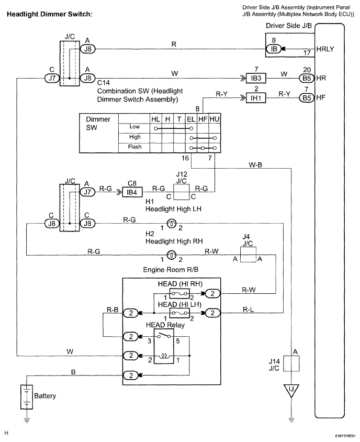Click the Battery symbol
pyautogui.click(x=27, y=397)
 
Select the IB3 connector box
pyautogui.click(x=256, y=78)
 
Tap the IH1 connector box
pyautogui.click(x=256, y=98)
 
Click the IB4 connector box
pyautogui.click(x=132, y=192)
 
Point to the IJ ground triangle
pyautogui.click(x=291, y=390)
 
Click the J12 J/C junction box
pyautogui.click(x=181, y=192)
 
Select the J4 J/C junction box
pyautogui.click(x=248, y=255)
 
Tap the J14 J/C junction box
pyautogui.click(x=291, y=363)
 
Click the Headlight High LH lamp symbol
pyautogui.click(x=171, y=224)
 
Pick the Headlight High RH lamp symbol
pyautogui.click(x=171, y=255)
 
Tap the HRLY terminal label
pyautogui.click(x=325, y=49)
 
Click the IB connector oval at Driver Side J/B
pyautogui.click(x=274, y=49)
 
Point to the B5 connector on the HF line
pyautogui.click(x=307, y=98)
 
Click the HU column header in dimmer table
pyautogui.click(x=215, y=119)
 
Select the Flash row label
pyautogui.click(x=134, y=147)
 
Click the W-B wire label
pyautogui.click(x=255, y=165)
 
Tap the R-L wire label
pyautogui.click(x=248, y=310)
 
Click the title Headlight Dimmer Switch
pyautogui.click(x=49, y=14)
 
